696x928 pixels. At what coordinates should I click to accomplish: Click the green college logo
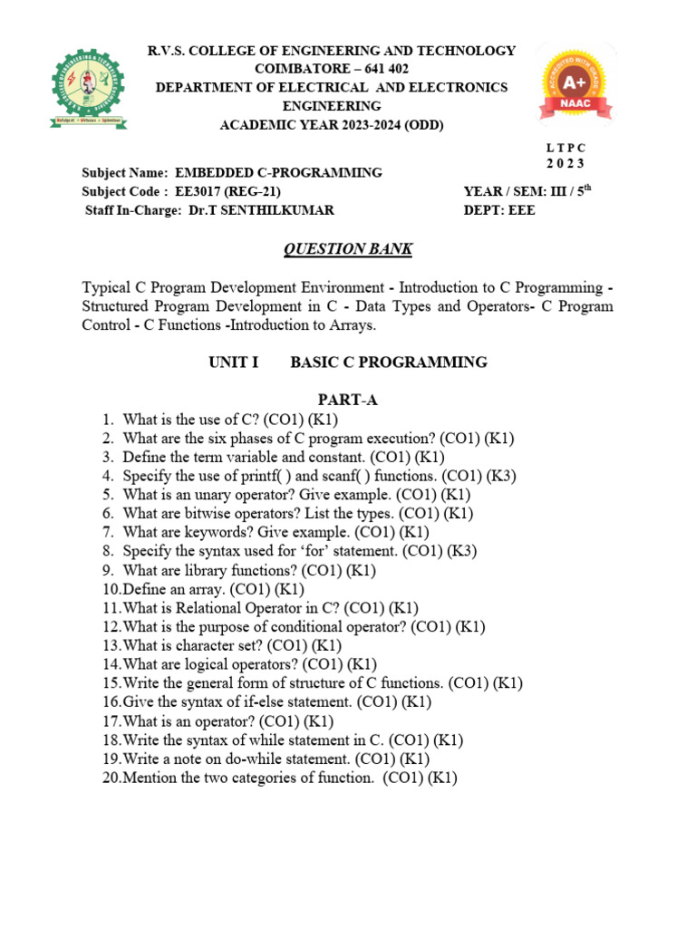click(88, 87)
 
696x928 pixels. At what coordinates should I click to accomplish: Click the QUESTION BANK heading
click(335, 248)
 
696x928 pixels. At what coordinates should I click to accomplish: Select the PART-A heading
click(347, 401)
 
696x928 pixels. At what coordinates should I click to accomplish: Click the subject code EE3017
click(206, 191)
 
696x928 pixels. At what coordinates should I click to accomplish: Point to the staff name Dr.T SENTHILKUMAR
click(262, 210)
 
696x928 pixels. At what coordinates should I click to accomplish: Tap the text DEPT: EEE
click(499, 210)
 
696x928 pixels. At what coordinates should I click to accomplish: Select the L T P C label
click(566, 148)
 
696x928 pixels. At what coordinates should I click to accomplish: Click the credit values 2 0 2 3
click(566, 164)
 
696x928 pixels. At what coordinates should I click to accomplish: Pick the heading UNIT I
click(234, 362)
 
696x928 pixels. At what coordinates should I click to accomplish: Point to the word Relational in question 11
click(199, 608)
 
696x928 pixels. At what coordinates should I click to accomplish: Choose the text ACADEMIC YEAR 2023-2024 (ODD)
click(333, 125)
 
